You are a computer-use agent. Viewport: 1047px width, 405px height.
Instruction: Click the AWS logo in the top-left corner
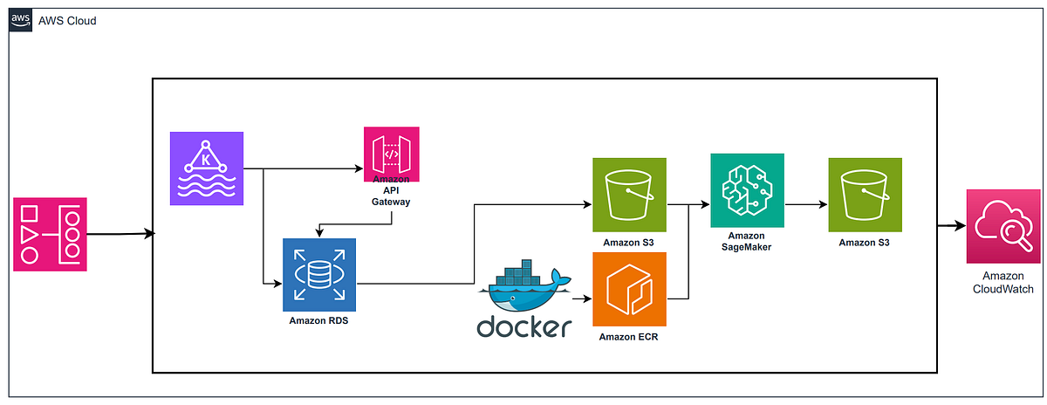tap(20, 20)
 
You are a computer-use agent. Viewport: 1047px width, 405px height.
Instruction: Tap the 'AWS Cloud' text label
tap(67, 20)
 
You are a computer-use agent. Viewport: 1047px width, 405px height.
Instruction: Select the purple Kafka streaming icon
tap(207, 168)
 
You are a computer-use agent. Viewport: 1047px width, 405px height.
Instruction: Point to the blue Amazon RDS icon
tap(319, 274)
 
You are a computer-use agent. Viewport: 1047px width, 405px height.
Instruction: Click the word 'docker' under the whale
tap(523, 328)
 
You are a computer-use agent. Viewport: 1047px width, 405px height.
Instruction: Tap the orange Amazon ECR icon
tap(629, 289)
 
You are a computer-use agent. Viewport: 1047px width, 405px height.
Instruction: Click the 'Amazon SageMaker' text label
tap(747, 242)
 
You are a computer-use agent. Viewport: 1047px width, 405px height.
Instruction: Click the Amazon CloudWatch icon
tap(1002, 227)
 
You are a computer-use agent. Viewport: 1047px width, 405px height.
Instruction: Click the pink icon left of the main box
tap(51, 234)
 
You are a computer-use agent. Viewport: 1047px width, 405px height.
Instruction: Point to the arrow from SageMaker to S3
tap(804, 206)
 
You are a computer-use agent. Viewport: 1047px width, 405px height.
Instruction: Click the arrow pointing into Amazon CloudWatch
tap(950, 226)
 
